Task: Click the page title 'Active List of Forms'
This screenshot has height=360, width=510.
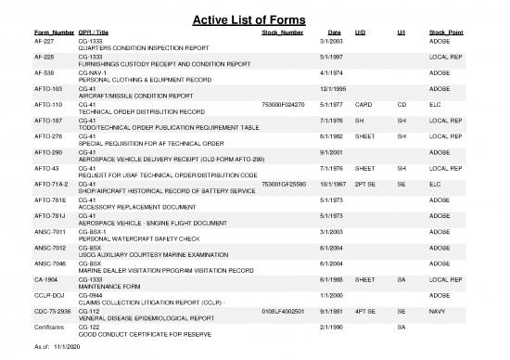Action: (255, 18)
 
